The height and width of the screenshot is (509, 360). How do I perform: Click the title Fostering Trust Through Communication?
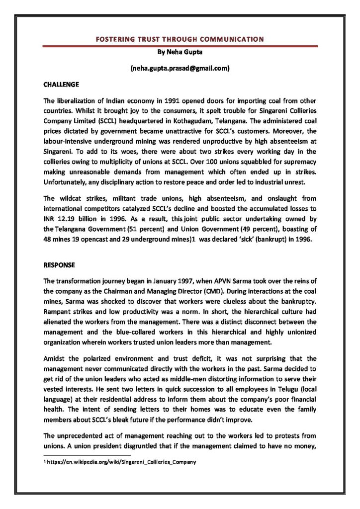click(x=180, y=39)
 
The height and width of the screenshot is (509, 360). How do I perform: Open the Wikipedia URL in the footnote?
click(x=122, y=462)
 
